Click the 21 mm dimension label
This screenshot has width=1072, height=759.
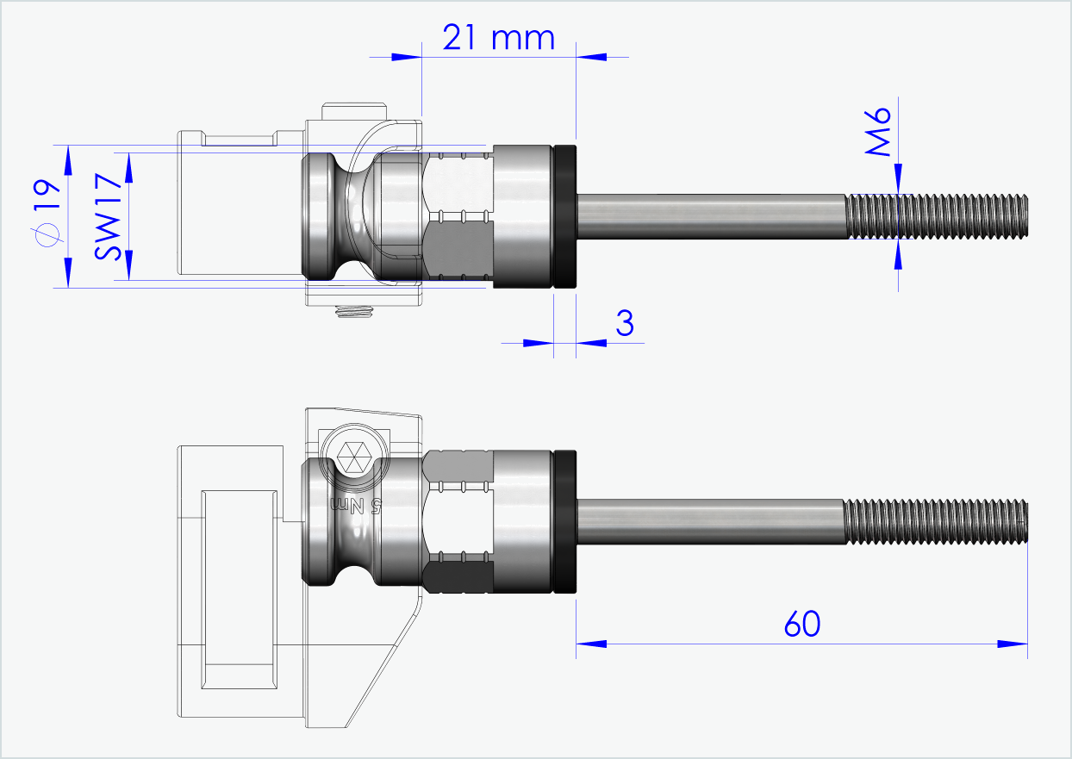click(x=497, y=38)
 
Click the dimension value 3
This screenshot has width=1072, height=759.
click(x=625, y=323)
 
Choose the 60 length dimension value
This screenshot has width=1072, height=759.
click(x=801, y=624)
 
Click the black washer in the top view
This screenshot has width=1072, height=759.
click(x=564, y=216)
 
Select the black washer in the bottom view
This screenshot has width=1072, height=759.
click(x=564, y=522)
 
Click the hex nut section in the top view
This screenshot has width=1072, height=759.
click(x=460, y=216)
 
